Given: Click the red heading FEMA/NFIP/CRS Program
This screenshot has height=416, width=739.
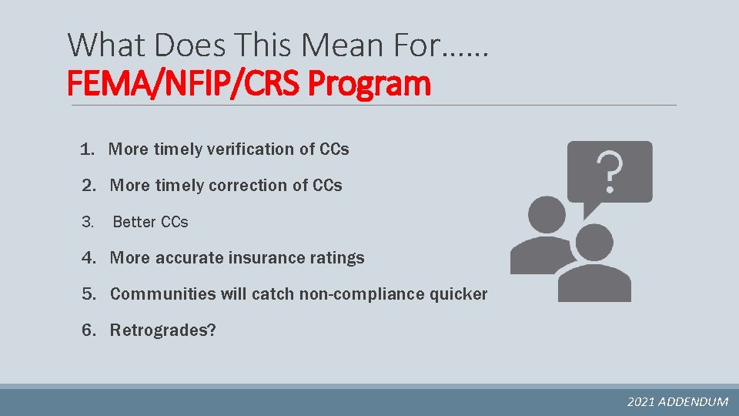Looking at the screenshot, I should (x=249, y=83).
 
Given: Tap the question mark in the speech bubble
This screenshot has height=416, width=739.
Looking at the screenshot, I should (x=610, y=172).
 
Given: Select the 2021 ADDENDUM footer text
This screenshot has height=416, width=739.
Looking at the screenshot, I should (x=677, y=401).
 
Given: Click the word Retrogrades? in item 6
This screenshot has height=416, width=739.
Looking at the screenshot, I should (x=162, y=330).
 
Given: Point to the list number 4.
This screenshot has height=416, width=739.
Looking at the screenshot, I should (x=88, y=258).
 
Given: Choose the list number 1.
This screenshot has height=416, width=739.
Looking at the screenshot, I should (x=86, y=149).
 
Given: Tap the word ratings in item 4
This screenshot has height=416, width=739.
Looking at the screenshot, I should (x=339, y=258).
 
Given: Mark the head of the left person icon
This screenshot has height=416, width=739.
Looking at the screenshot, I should (x=547, y=215).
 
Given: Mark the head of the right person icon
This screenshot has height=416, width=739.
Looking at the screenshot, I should (x=594, y=243).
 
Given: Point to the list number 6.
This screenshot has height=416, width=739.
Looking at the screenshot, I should (x=88, y=330).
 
